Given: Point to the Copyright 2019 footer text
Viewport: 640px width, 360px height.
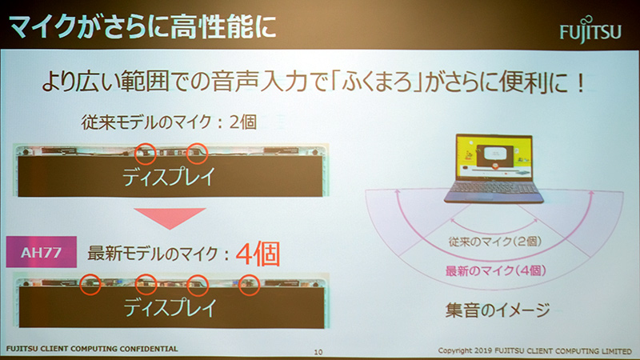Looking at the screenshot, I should pyautogui.click(x=536, y=350).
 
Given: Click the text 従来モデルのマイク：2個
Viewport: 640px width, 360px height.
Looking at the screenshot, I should pyautogui.click(x=173, y=124).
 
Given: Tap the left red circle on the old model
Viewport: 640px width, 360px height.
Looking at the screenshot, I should pyautogui.click(x=144, y=150).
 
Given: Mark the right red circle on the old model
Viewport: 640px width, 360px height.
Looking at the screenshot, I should pyautogui.click(x=196, y=150).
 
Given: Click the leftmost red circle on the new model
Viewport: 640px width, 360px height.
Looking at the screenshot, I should pyautogui.click(x=92, y=282).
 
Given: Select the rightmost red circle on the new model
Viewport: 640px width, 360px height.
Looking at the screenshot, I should pyautogui.click(x=250, y=282).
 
